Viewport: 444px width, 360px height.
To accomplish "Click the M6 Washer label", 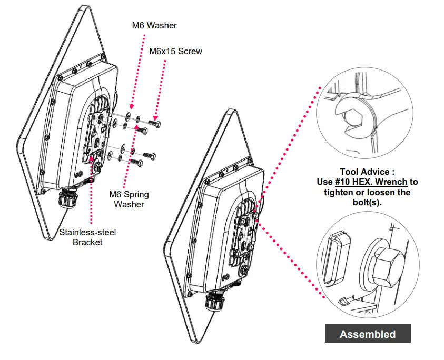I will click(154, 25).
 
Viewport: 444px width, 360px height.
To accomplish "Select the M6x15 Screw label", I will click(175, 51).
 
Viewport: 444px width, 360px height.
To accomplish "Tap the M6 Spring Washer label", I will click(129, 199).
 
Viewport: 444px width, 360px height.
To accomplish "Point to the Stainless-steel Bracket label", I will click(87, 237).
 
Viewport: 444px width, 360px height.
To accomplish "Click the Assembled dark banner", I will click(368, 334).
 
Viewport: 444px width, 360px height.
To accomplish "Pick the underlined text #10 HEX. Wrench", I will click(371, 182).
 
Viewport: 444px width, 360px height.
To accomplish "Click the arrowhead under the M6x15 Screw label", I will click(155, 118).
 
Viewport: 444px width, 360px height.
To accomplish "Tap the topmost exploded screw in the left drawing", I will click(156, 122).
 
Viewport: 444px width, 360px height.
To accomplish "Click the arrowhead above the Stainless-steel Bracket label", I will click(92, 158).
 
